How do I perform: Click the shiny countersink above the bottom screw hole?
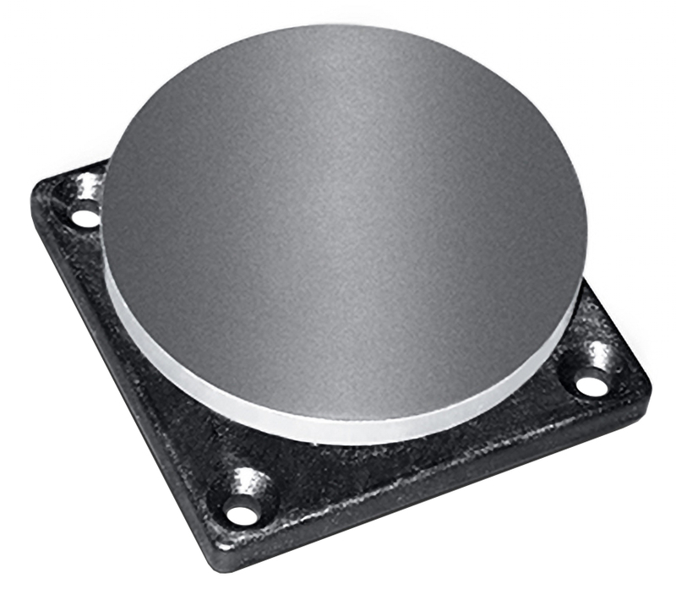tap(245, 486)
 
